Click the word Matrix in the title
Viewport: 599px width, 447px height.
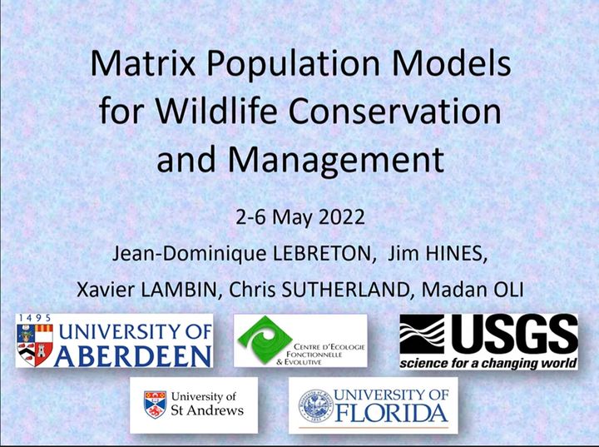(143, 63)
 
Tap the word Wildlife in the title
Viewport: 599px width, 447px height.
(215, 111)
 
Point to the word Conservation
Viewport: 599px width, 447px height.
(394, 111)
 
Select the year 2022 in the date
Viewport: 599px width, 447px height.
(341, 216)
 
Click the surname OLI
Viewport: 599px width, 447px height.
(509, 290)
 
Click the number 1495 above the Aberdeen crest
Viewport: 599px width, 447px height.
(34, 318)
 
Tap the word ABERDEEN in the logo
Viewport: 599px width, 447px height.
(132, 356)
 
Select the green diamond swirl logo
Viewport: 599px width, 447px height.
(264, 337)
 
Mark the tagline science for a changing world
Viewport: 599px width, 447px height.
(488, 363)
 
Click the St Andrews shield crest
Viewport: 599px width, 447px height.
(155, 405)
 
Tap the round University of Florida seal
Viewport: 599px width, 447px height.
(316, 406)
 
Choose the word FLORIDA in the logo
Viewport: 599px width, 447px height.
(393, 414)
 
